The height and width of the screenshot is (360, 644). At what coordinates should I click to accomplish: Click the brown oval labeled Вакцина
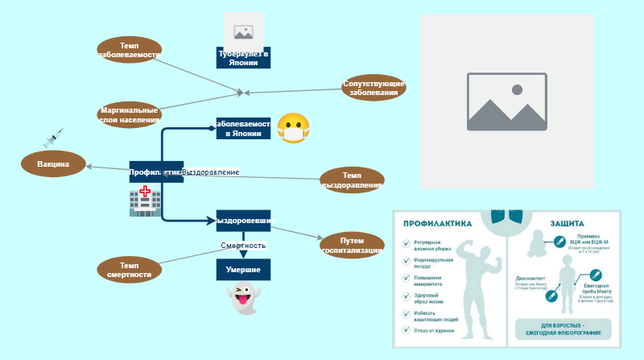click(54, 164)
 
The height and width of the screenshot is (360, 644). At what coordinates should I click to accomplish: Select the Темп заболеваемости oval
click(129, 51)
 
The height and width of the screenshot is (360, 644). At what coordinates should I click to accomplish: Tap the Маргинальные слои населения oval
click(129, 115)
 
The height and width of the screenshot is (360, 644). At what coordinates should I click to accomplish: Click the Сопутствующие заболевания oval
click(374, 88)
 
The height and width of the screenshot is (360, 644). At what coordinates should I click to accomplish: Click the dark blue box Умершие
click(243, 269)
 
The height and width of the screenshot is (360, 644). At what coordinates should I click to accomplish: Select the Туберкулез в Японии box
click(243, 57)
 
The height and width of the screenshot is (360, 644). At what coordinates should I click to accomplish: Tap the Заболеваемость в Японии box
click(243, 129)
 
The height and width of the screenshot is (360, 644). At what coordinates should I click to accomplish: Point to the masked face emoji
click(293, 129)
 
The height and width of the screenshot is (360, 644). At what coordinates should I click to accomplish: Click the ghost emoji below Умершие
click(242, 300)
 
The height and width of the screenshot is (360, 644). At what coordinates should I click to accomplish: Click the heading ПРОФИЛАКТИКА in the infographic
click(437, 224)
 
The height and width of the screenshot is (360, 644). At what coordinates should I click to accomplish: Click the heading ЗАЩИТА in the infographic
click(567, 224)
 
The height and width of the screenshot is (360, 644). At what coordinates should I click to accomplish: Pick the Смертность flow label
click(243, 245)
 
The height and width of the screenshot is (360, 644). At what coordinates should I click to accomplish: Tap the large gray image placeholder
click(506, 101)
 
